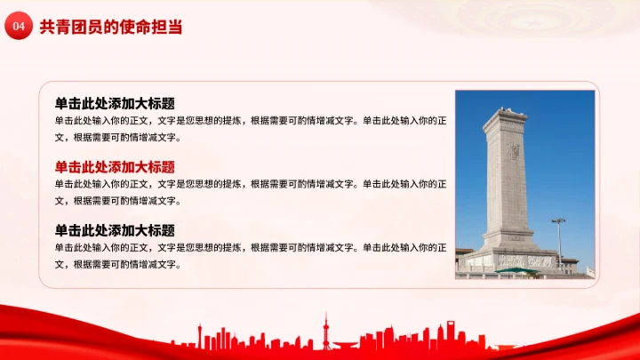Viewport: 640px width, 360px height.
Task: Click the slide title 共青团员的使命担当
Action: (x=111, y=28)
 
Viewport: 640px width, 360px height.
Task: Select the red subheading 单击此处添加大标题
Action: (x=115, y=166)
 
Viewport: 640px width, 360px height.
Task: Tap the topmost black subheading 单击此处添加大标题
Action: (x=115, y=103)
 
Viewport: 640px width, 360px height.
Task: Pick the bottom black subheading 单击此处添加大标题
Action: (x=115, y=230)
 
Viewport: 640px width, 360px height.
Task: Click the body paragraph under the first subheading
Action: (x=250, y=129)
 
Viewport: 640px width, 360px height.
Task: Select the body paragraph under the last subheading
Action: (x=250, y=256)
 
